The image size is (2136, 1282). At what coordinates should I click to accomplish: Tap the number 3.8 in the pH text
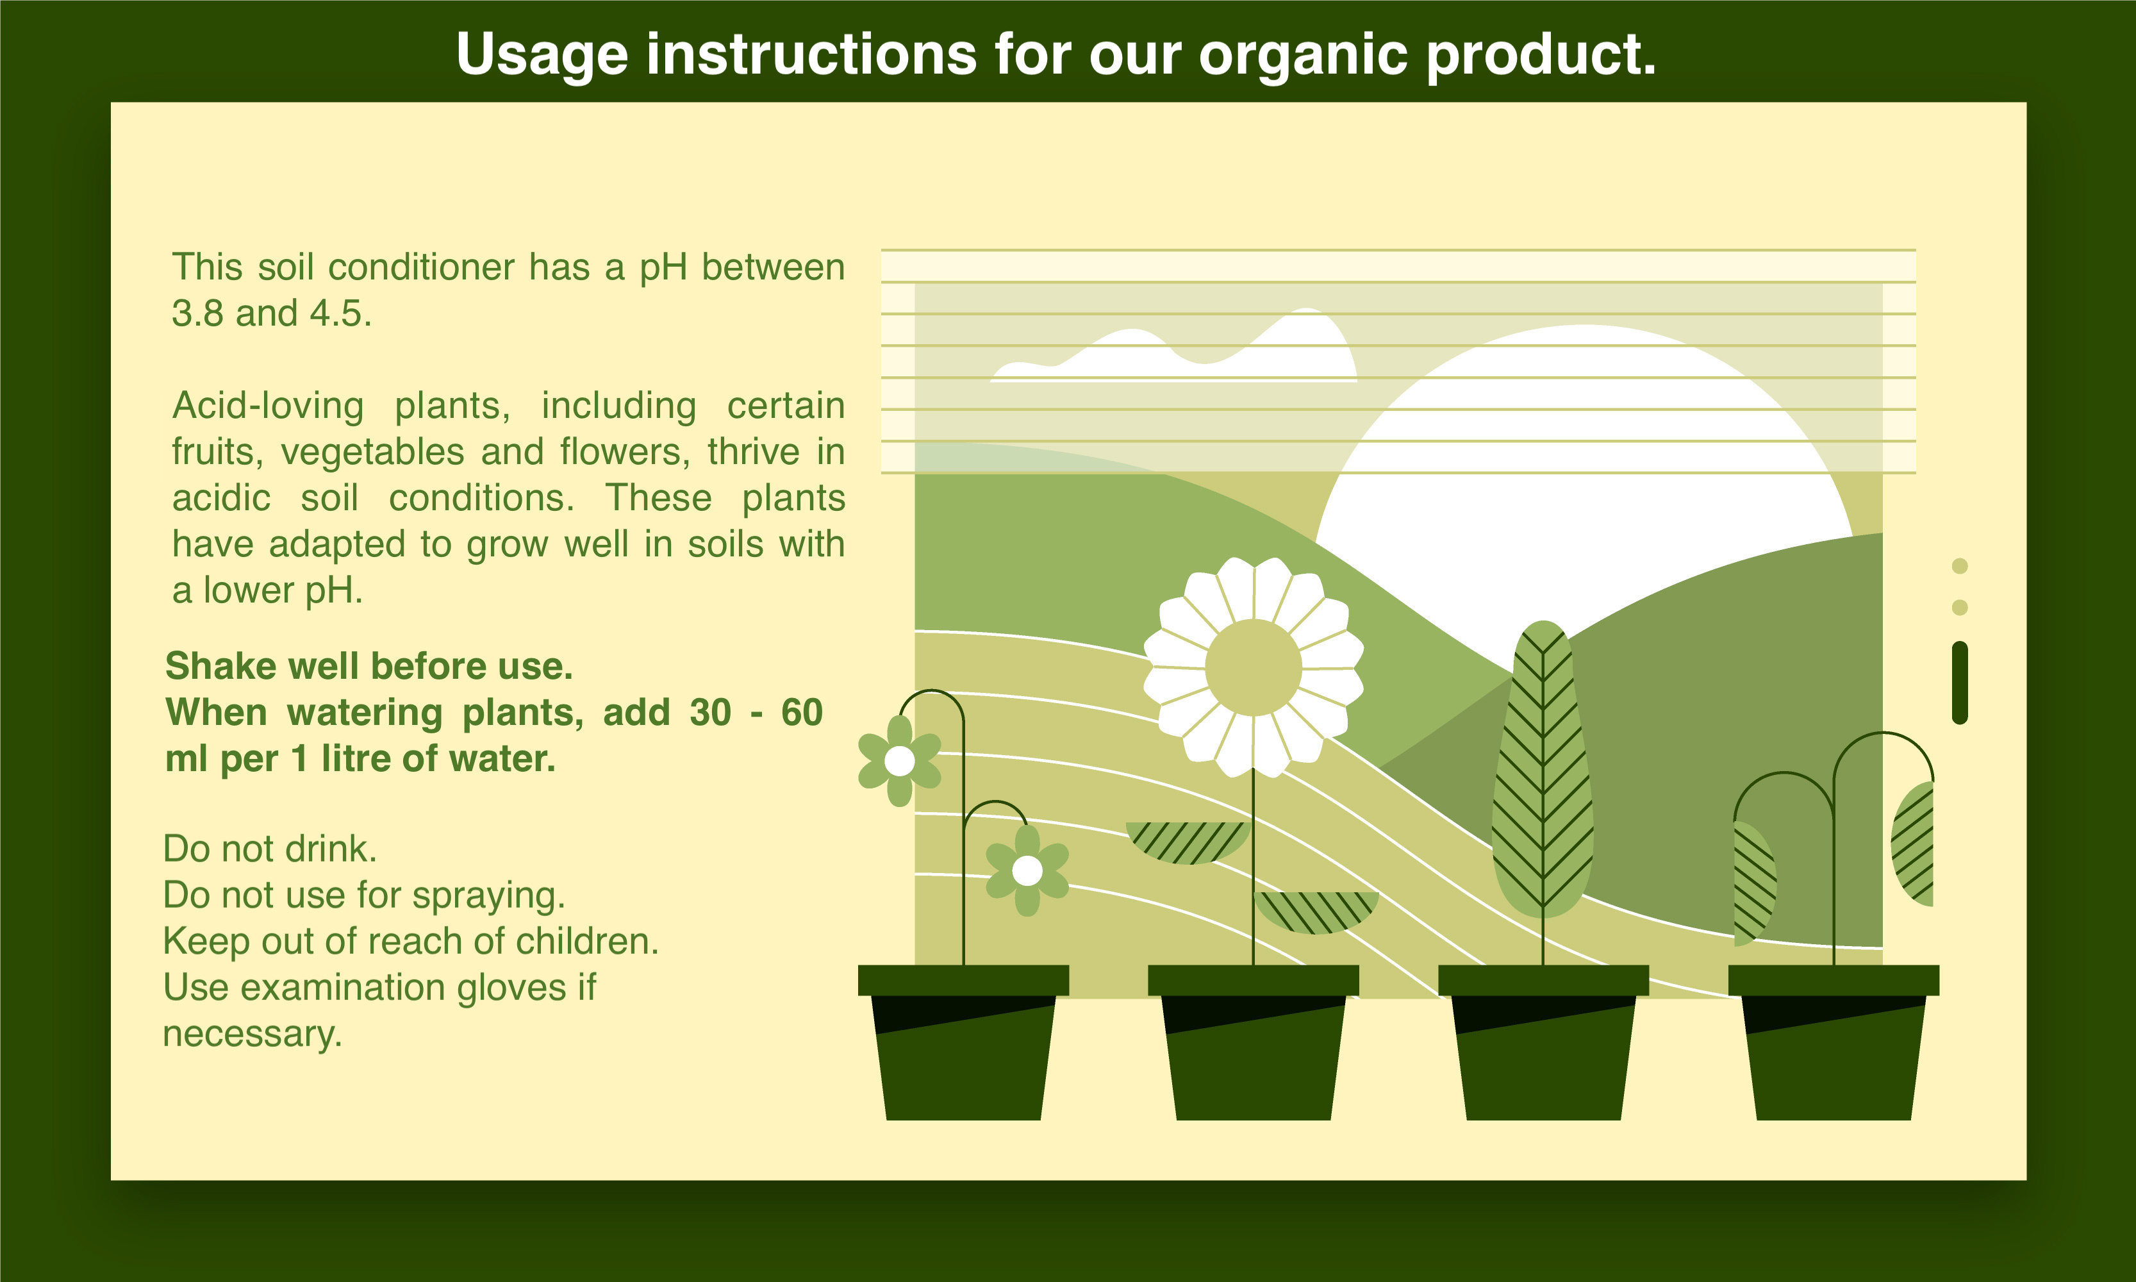(x=198, y=313)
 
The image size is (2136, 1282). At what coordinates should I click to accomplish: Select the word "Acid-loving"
(x=268, y=406)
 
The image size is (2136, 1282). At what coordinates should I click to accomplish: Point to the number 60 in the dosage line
(x=802, y=713)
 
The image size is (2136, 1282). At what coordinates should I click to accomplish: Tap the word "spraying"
(x=489, y=896)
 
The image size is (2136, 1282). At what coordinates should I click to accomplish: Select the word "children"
(x=586, y=941)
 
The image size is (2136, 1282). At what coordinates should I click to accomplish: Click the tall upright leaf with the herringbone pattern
(x=1543, y=769)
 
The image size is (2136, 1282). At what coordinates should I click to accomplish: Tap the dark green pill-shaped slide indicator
(x=1960, y=683)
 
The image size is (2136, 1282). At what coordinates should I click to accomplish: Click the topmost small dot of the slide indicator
(x=1960, y=566)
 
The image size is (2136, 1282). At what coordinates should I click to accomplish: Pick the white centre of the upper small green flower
(x=900, y=761)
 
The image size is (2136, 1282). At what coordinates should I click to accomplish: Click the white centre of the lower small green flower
(x=1027, y=870)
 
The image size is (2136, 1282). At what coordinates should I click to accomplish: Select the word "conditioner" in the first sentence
(x=422, y=267)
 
